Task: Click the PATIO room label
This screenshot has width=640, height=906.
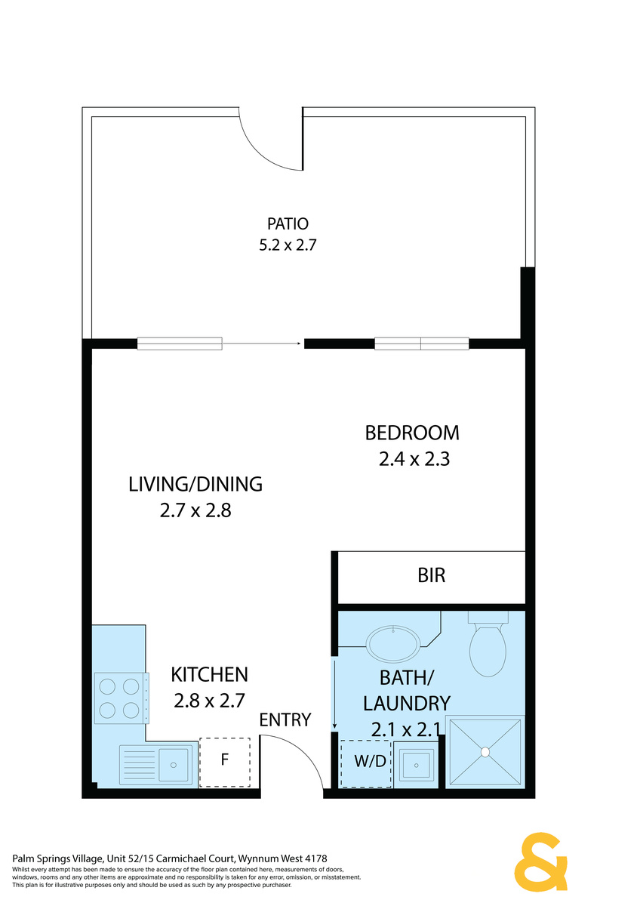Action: [288, 223]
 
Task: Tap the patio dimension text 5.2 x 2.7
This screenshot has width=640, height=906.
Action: [288, 245]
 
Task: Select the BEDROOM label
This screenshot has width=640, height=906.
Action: [412, 433]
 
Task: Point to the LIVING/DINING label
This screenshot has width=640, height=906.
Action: [195, 484]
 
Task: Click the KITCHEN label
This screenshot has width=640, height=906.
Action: [209, 675]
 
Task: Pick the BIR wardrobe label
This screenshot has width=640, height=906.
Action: [432, 575]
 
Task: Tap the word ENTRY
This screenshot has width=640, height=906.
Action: [285, 720]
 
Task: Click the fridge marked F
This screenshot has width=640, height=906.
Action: [225, 763]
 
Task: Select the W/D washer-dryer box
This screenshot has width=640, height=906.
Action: [366, 763]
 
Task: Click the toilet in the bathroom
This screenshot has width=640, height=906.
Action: [488, 643]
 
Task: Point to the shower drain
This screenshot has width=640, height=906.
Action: [485, 752]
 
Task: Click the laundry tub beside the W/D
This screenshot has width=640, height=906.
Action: [416, 765]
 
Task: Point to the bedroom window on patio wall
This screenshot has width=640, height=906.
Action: [422, 344]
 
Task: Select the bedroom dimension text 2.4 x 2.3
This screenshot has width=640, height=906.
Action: [414, 460]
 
